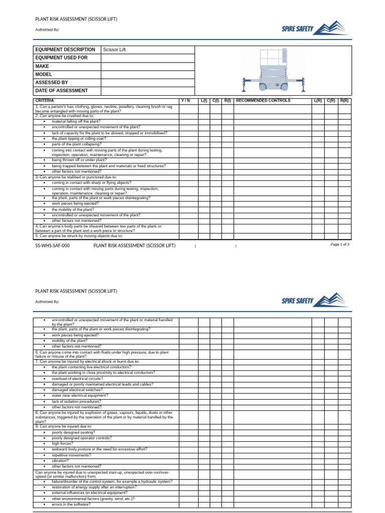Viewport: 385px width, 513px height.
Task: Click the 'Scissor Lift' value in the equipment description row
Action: pos(114,50)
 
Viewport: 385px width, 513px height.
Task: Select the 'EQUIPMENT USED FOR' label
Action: pos(61,58)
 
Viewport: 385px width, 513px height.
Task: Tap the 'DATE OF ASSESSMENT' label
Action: pos(61,91)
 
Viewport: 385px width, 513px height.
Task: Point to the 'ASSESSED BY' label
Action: pos(52,83)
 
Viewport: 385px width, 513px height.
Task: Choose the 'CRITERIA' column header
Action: pos(45,101)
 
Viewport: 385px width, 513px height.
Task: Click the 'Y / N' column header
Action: pos(185,101)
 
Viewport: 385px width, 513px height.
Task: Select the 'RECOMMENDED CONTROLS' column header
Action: pos(263,101)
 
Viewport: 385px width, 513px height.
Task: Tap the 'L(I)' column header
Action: pos(204,101)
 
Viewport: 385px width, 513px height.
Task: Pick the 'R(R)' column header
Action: pos(344,101)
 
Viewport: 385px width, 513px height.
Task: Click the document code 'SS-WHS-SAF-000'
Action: pos(52,246)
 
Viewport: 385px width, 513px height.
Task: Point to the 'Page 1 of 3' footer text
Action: pos(340,244)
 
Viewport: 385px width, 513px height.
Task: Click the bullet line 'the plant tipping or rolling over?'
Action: pos(79,139)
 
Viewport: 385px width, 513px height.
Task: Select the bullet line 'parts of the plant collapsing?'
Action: pos(76,144)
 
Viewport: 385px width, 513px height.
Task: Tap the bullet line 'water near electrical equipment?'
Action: pos(80,396)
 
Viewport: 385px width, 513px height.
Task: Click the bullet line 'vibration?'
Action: pos(61,460)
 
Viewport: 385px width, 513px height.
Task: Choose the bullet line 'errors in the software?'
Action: pos(71,504)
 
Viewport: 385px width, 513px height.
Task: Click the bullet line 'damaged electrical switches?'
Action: pos(77,390)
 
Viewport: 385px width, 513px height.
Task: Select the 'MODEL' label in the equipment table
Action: pos(44,75)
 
